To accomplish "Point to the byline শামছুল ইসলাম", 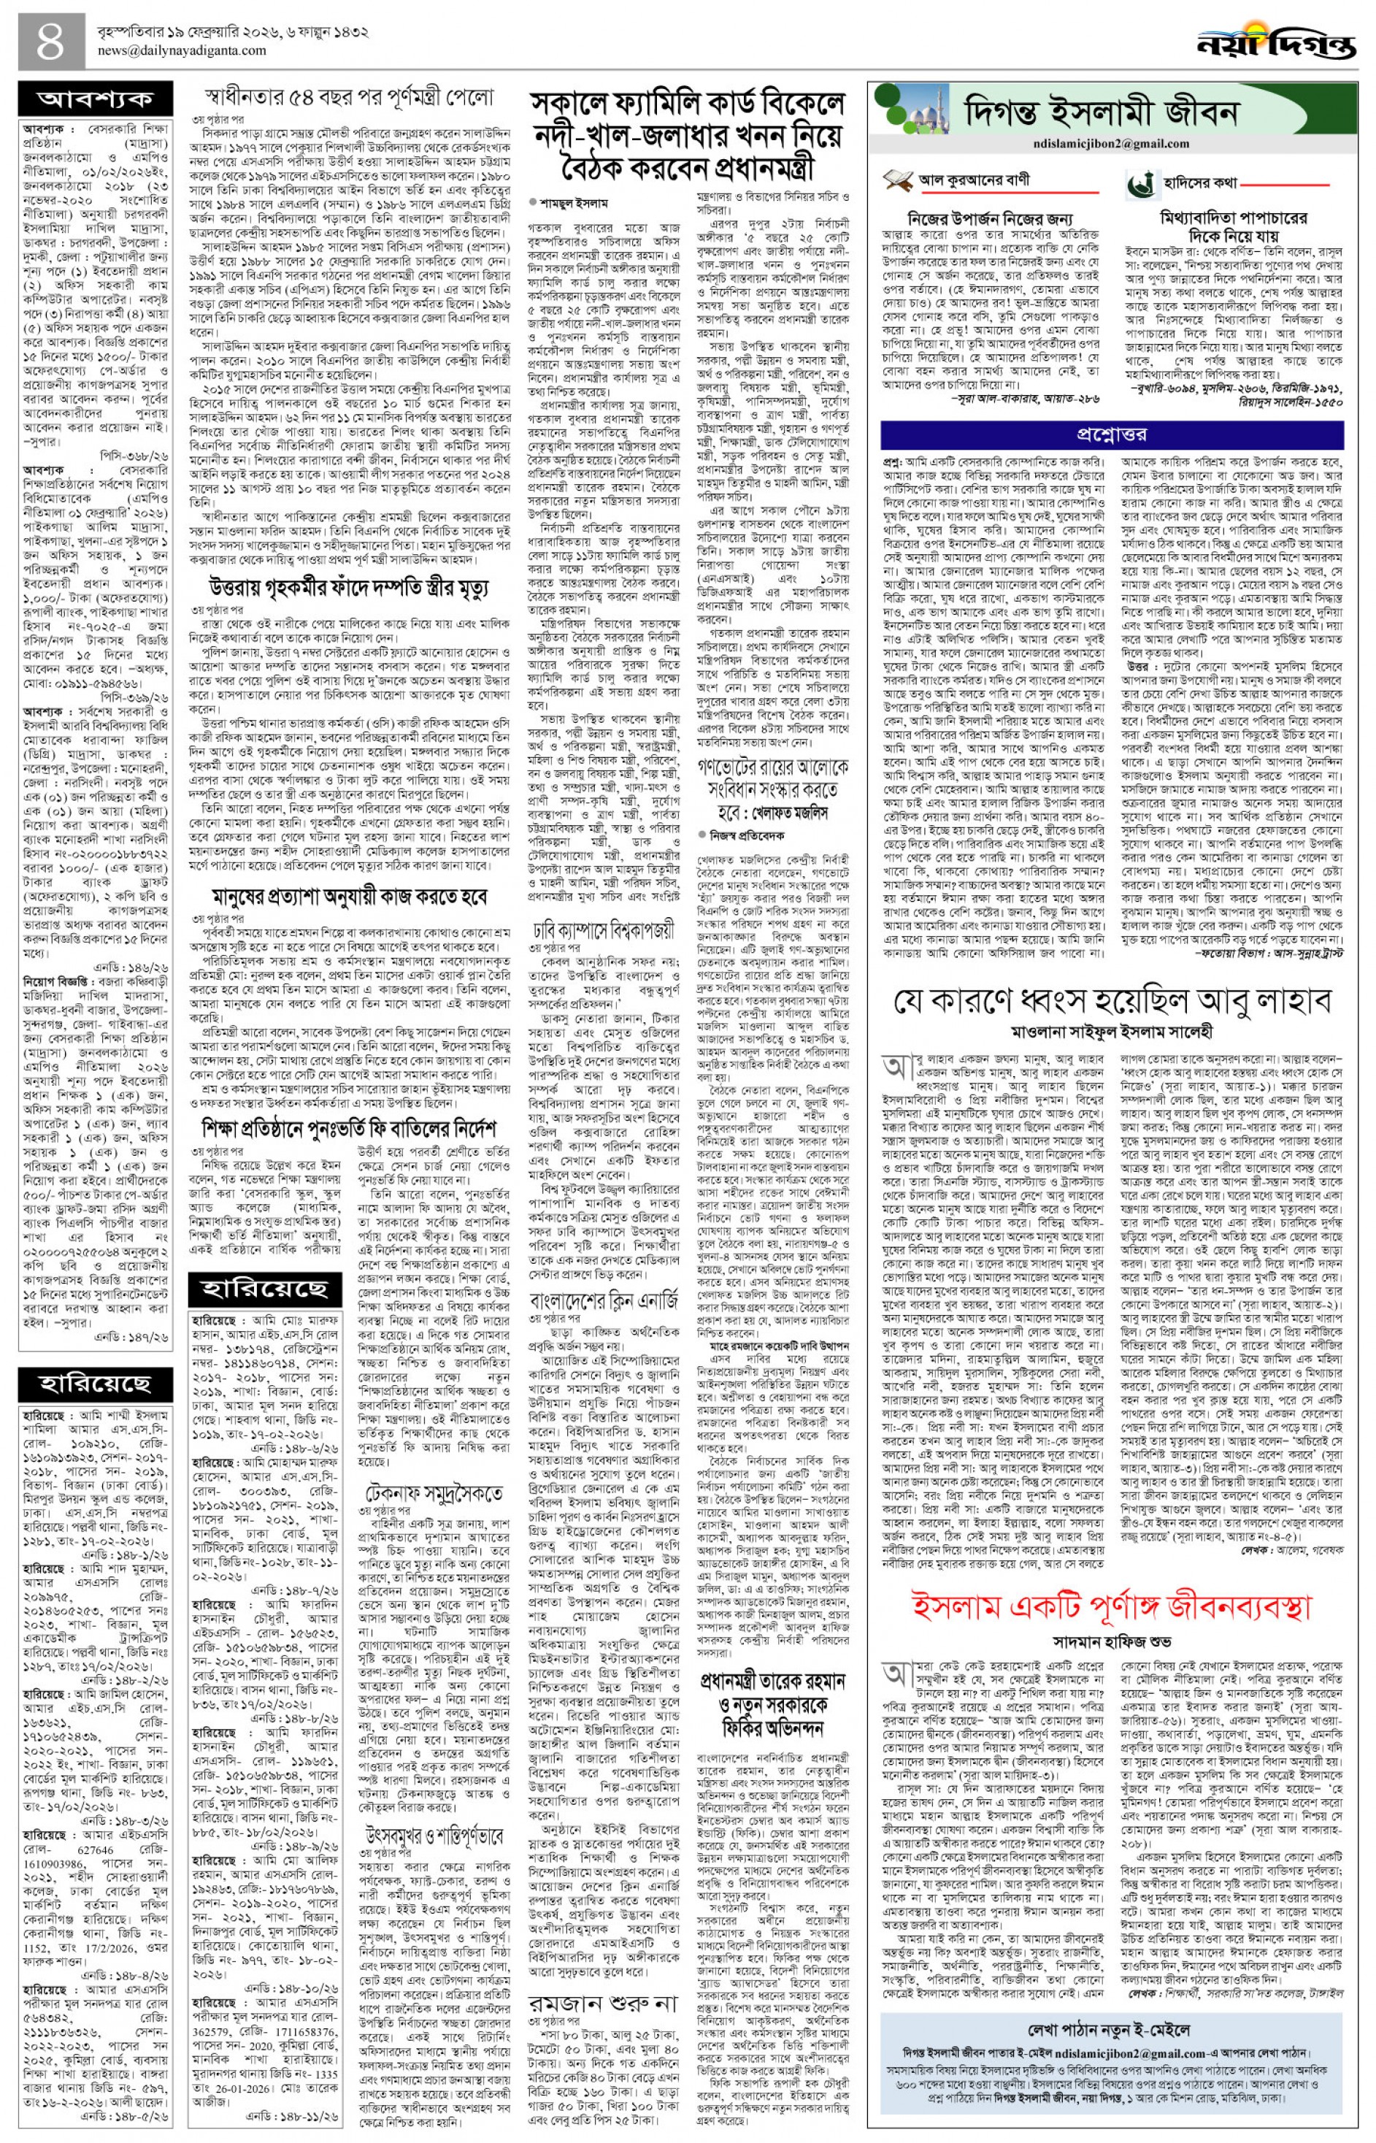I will click(x=566, y=203).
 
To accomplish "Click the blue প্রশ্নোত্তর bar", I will click(x=1110, y=434).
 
